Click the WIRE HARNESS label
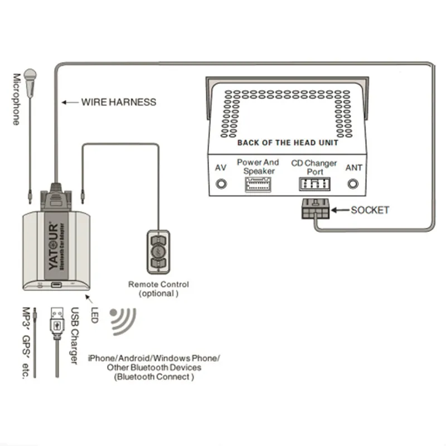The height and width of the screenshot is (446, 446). point(118,102)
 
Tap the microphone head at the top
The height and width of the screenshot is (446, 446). point(31,77)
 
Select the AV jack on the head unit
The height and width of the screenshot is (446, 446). point(221,183)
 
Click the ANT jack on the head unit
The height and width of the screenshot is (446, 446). point(353,183)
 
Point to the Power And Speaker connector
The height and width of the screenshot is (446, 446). point(258,186)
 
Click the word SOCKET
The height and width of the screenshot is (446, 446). point(370,210)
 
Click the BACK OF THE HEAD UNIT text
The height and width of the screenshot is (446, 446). point(288,143)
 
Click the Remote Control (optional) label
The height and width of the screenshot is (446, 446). point(158,288)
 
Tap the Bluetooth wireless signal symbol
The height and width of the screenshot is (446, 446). point(122,321)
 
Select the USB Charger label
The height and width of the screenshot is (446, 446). point(74,337)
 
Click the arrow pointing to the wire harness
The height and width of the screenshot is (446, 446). point(70,102)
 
